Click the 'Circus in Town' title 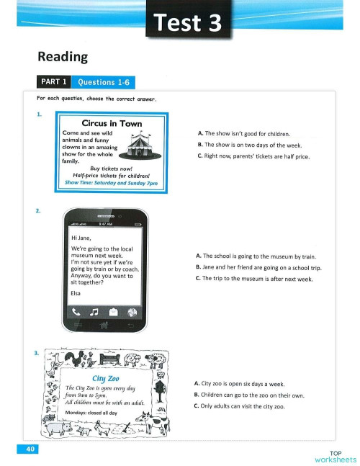tap(112, 123)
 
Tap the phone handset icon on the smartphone tap(76, 311)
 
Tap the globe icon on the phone tap(132, 311)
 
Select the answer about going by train tap(256, 256)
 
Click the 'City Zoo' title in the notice tap(106, 377)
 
